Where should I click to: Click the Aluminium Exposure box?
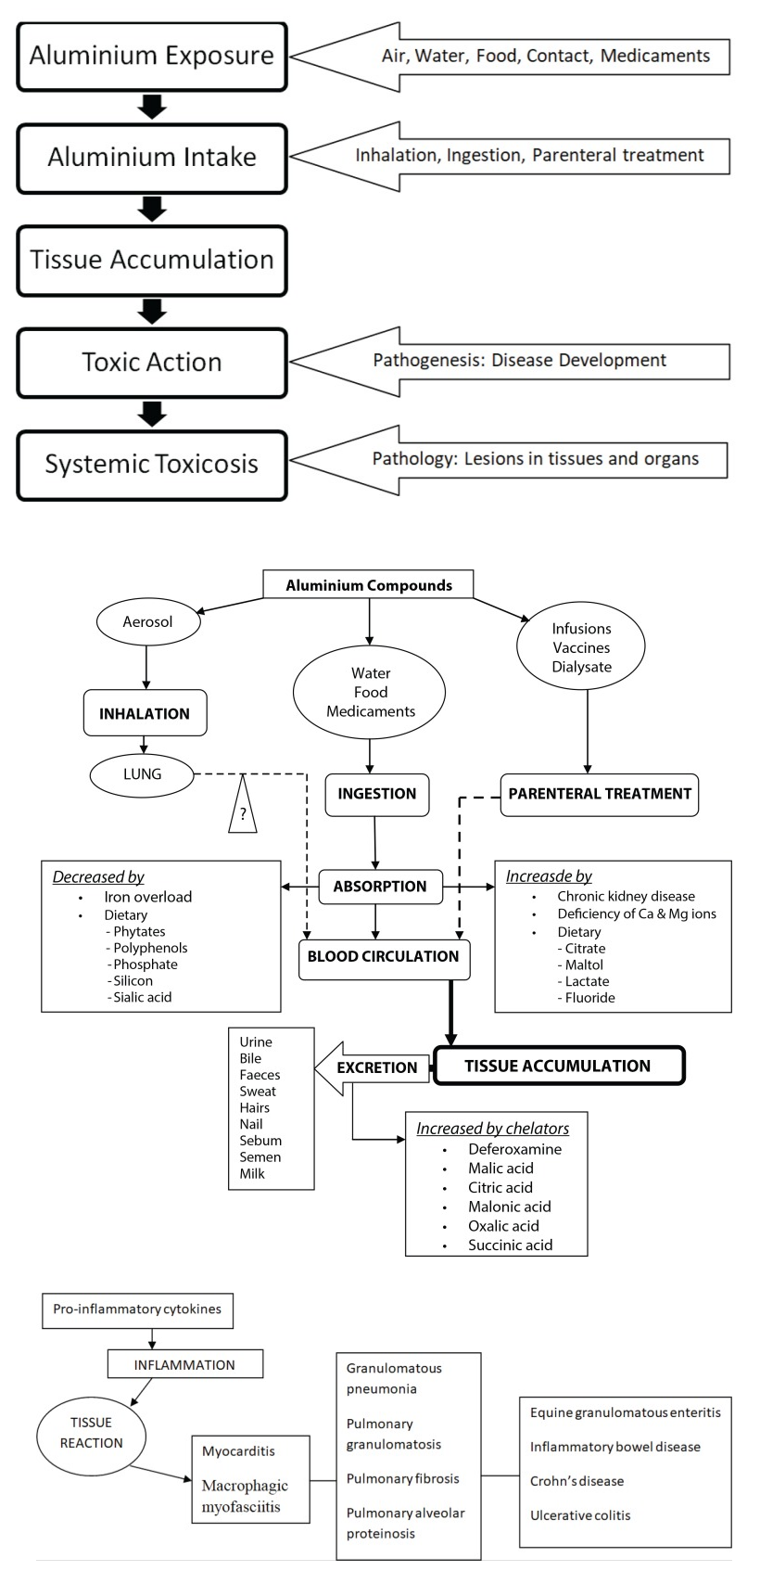click(152, 56)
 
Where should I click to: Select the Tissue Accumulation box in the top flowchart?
click(152, 260)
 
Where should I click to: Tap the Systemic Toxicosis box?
click(152, 464)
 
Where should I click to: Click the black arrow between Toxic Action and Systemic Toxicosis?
click(152, 413)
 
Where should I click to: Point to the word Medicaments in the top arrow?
click(655, 56)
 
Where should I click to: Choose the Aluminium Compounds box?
click(369, 585)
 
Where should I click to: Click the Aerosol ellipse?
click(148, 621)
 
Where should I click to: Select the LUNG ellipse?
click(143, 774)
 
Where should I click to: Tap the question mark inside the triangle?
click(243, 814)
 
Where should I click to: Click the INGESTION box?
click(377, 794)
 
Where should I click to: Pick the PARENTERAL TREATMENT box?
click(600, 794)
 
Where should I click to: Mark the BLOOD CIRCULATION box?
click(384, 957)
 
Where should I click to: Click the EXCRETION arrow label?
click(376, 1067)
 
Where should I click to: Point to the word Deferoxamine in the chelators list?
click(514, 1149)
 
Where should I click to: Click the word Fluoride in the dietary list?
click(590, 998)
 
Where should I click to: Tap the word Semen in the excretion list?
click(260, 1156)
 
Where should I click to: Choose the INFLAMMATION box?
click(185, 1364)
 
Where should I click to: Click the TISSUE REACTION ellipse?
click(92, 1433)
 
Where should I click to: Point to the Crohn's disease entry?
click(576, 1481)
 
